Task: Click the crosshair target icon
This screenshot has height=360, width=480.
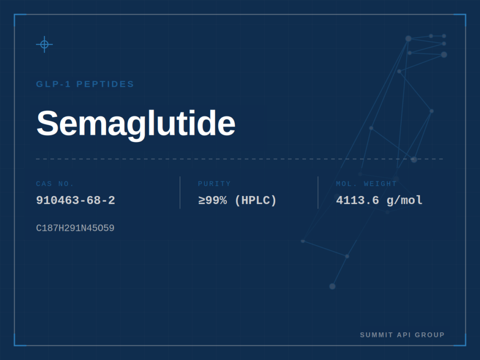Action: tap(45, 45)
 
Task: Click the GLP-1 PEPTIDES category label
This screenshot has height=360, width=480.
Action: tap(85, 84)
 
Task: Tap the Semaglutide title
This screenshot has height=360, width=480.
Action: tap(136, 123)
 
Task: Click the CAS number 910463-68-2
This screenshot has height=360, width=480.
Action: tap(75, 201)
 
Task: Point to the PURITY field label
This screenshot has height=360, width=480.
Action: tap(214, 184)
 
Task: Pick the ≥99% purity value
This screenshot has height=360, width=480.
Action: tap(212, 201)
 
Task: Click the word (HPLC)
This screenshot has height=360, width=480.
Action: tap(255, 201)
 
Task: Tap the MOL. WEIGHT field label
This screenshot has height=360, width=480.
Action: tap(367, 184)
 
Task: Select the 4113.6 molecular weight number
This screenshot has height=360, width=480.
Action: tap(358, 201)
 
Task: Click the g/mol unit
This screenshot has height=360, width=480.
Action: tap(405, 201)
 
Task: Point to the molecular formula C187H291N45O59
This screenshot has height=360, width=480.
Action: tap(75, 228)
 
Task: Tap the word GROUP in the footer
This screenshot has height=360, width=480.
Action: tap(429, 335)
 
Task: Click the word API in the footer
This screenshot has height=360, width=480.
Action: tap(404, 335)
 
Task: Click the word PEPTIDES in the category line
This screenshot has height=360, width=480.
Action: tap(105, 84)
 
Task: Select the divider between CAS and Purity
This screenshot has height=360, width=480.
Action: tap(180, 193)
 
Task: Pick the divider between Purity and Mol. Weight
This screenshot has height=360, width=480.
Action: tap(318, 193)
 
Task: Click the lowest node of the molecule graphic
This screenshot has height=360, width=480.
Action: tap(332, 286)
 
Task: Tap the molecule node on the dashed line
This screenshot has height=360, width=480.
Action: tap(414, 159)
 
